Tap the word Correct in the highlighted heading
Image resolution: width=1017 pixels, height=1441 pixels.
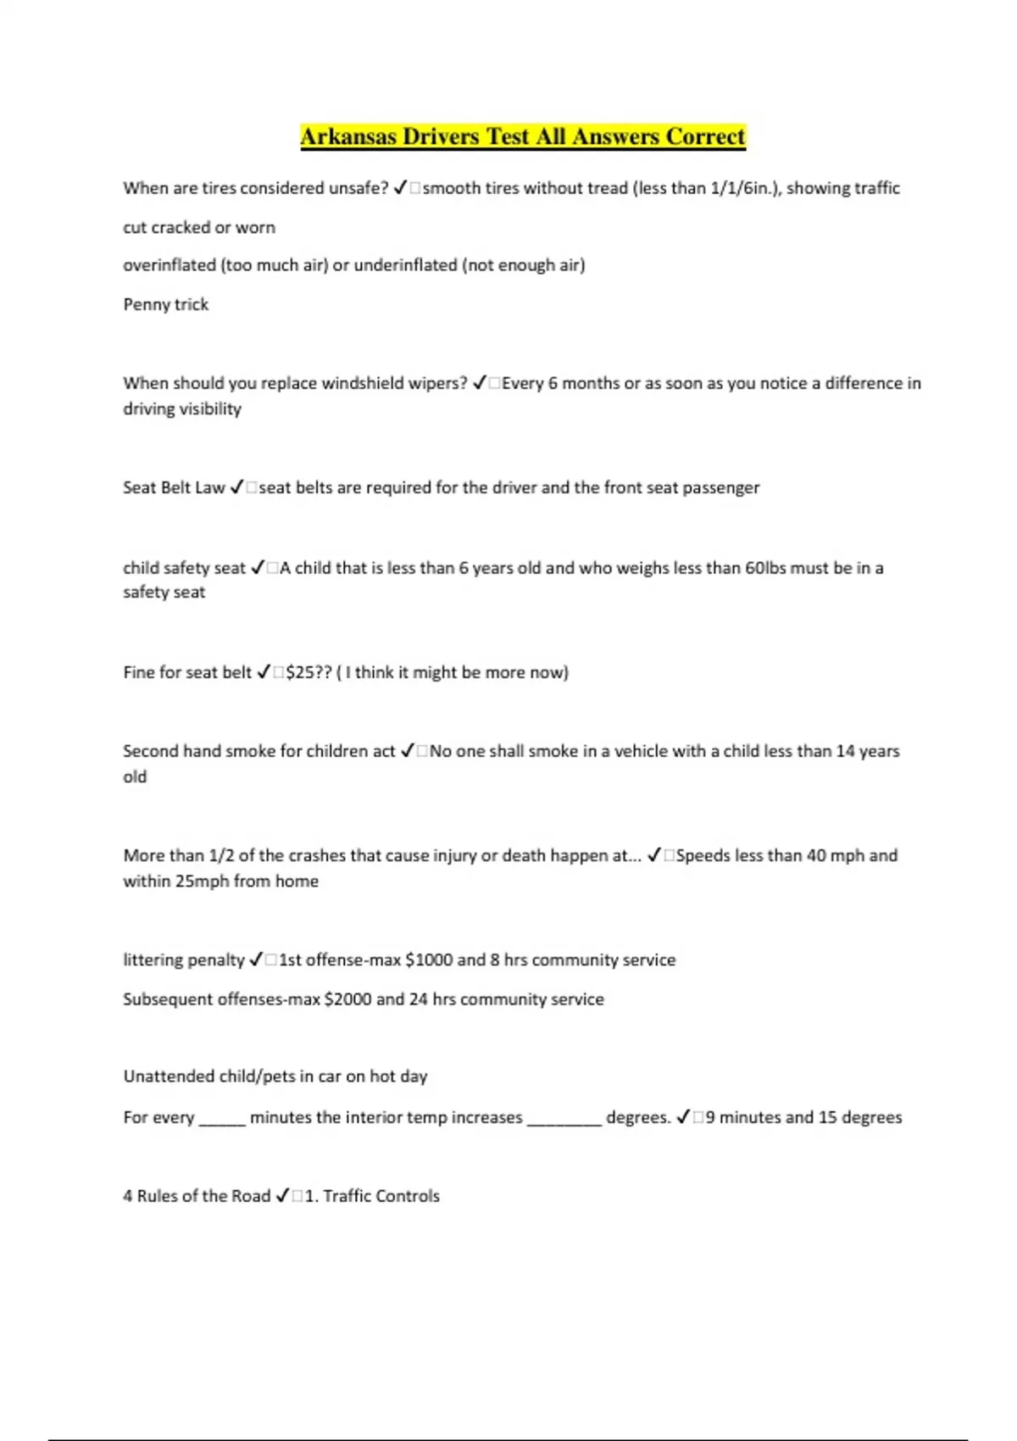tap(705, 136)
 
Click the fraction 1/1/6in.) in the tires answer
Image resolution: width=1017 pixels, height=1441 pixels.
tap(747, 188)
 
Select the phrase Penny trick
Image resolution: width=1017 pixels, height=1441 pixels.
tap(165, 304)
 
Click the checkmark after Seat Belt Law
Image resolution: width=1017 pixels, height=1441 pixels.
tap(236, 487)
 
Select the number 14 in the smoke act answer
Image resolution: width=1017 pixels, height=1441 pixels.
tap(845, 751)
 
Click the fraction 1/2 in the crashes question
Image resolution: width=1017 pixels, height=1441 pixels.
tap(220, 855)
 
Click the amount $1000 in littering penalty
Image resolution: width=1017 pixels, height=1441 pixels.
tap(429, 960)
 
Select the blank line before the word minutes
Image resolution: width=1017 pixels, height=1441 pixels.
tap(222, 1119)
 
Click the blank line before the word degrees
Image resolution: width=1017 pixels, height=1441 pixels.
tap(564, 1119)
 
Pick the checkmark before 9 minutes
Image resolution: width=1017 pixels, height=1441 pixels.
tap(683, 1117)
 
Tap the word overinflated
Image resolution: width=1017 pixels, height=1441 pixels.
tap(169, 265)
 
